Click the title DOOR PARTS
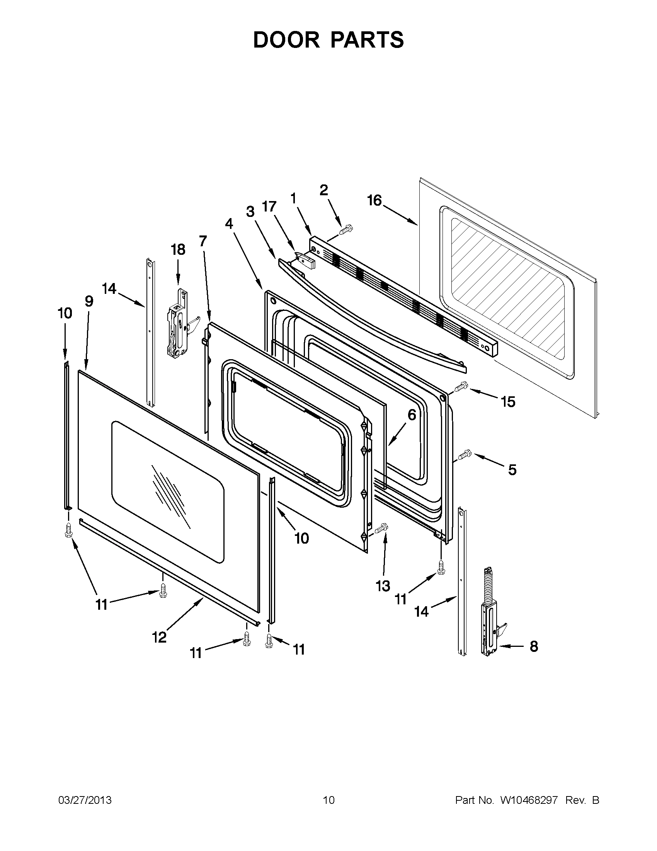click(x=328, y=40)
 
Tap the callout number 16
click(x=374, y=201)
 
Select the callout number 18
click(x=178, y=249)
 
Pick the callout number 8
click(x=534, y=646)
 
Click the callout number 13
click(x=383, y=586)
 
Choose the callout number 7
click(x=203, y=241)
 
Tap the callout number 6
click(x=412, y=415)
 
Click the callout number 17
click(x=269, y=206)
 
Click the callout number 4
click(x=229, y=223)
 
